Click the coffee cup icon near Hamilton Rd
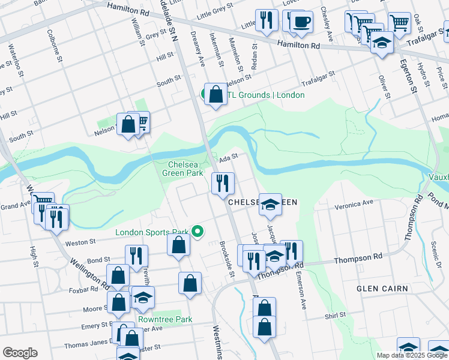pos(301,22)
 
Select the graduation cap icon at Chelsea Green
pos(271,204)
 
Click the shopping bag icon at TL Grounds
pos(215,94)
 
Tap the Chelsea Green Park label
pos(183,168)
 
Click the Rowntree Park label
pos(165,319)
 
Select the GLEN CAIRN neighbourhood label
pos(382,289)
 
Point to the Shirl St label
pos(335,315)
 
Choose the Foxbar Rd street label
pos(83,289)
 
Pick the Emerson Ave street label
pos(301,292)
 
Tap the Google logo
pos(20,353)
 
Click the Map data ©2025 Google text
pos(412,355)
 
